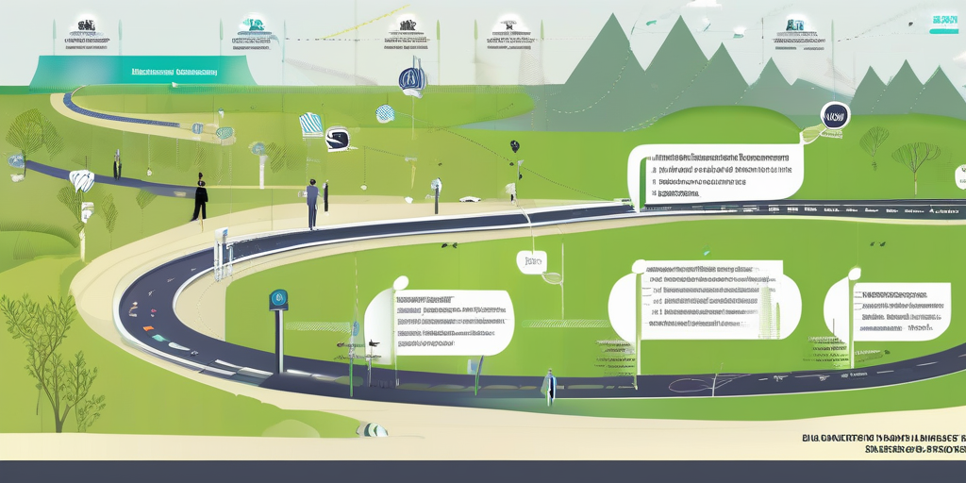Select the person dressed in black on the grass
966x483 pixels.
point(200,197)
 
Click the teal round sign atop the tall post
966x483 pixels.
point(278,300)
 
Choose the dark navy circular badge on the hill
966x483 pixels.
point(835,116)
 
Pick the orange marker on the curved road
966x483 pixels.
point(147,327)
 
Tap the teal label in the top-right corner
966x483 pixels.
point(943,20)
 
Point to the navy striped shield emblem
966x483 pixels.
point(412,80)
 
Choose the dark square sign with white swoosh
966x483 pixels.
point(338,140)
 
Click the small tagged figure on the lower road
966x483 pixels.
point(549,385)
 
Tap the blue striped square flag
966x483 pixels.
point(310,124)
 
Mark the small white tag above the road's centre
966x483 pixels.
point(532,261)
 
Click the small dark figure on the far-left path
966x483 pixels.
point(117,167)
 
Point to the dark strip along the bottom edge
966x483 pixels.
point(483,472)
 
